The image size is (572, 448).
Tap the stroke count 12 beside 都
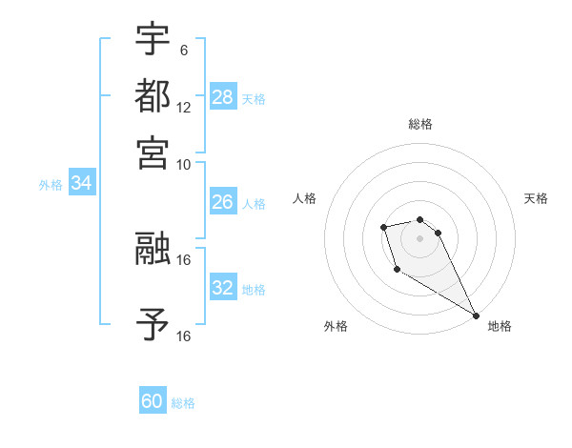point(184,107)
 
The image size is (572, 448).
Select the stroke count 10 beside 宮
point(184,163)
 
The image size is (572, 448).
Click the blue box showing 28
point(223,97)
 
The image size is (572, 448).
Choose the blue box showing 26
point(223,202)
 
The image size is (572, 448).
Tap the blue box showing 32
point(223,288)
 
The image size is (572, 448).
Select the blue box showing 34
point(81,184)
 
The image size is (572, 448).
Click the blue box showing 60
point(153,401)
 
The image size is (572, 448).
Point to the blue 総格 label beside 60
point(183,403)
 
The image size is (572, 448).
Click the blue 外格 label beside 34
point(51,185)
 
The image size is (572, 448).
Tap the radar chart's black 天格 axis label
point(536,198)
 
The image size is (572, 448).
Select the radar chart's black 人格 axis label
point(304,198)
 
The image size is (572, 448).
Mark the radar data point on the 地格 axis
point(476,316)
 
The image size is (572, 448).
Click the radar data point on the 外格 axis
point(397,270)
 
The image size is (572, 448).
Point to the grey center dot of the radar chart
point(419,237)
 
